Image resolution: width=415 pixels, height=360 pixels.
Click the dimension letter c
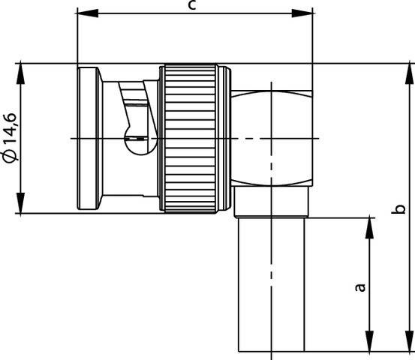193,6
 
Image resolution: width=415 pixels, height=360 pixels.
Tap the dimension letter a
359,286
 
